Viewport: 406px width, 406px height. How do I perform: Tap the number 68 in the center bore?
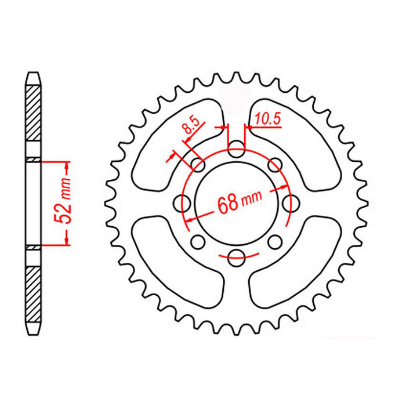coord(227,203)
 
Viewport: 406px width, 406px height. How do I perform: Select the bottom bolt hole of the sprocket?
coord(236,257)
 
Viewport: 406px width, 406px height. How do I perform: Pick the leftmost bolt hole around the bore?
coord(184,204)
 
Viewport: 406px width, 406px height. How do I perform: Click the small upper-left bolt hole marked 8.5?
coord(198,165)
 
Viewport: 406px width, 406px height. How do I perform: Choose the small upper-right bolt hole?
coord(274,165)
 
